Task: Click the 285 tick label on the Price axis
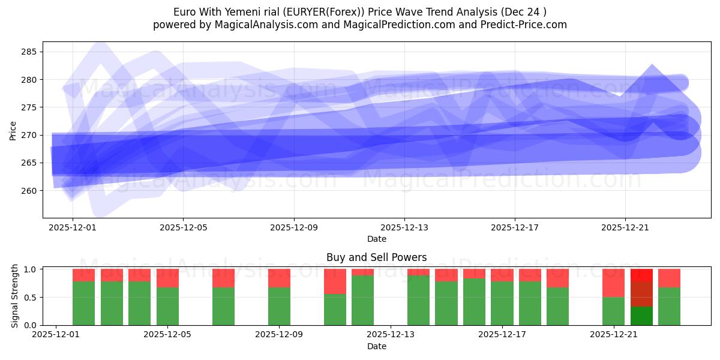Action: [29, 52]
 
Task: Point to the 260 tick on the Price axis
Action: [29, 191]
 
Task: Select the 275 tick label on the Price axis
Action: [29, 107]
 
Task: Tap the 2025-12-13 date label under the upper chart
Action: [404, 227]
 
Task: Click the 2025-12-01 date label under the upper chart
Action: [73, 227]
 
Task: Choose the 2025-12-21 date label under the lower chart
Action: [614, 335]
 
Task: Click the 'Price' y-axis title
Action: [13, 130]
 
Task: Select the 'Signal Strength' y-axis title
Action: [16, 297]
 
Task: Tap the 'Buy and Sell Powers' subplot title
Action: [376, 257]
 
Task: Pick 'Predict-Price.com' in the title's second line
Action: [526, 25]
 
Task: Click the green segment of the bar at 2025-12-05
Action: [167, 306]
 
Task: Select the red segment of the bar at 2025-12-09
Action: [279, 278]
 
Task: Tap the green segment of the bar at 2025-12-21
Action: [614, 311]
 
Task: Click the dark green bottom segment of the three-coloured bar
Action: [641, 316]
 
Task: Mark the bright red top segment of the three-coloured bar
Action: [641, 275]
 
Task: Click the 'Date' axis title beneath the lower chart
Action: [376, 346]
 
